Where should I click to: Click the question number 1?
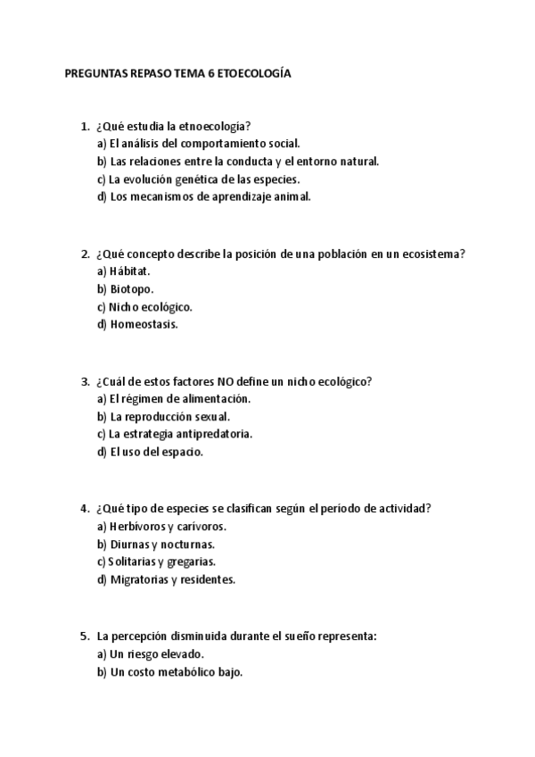click(85, 126)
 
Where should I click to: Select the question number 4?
click(85, 508)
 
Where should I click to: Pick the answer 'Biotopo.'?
click(132, 289)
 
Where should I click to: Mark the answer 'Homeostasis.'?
click(144, 325)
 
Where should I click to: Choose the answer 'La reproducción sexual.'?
click(169, 417)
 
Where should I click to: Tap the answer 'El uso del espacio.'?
click(155, 453)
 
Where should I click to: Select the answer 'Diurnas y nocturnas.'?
click(161, 544)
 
